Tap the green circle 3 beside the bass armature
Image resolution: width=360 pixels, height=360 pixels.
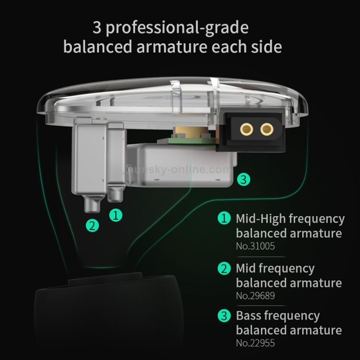click(x=244, y=180)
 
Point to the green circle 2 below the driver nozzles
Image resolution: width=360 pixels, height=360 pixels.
click(x=93, y=225)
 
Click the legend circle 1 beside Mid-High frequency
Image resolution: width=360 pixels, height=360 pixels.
click(x=224, y=219)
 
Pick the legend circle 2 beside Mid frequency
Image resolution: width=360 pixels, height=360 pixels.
click(x=224, y=268)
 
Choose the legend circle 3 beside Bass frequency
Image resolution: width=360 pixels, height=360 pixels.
click(x=224, y=316)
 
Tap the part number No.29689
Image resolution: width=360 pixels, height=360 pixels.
click(x=255, y=296)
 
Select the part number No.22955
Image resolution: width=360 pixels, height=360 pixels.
click(x=255, y=344)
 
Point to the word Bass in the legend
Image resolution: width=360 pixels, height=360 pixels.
click(x=250, y=316)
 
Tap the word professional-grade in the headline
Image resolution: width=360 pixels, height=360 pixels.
click(x=177, y=28)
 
